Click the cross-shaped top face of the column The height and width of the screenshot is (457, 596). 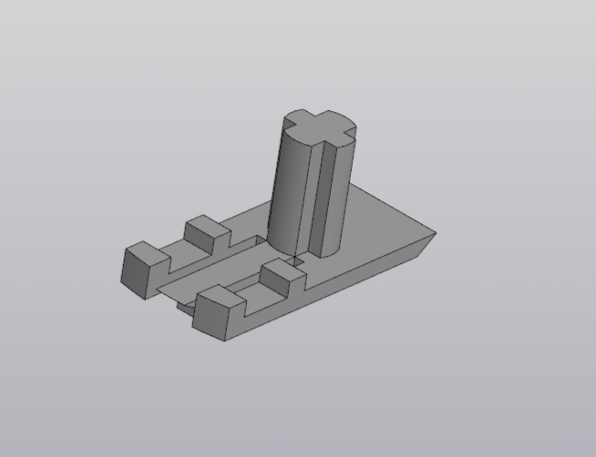click(x=315, y=126)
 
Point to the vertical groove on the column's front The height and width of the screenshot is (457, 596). click(x=314, y=196)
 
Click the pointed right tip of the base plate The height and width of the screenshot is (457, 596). click(x=434, y=233)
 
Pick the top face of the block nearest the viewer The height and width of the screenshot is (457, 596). click(x=219, y=296)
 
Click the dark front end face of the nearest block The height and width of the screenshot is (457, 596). click(x=211, y=320)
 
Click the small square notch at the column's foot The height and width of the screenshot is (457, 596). click(x=296, y=261)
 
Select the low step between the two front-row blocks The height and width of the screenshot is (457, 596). click(x=251, y=291)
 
